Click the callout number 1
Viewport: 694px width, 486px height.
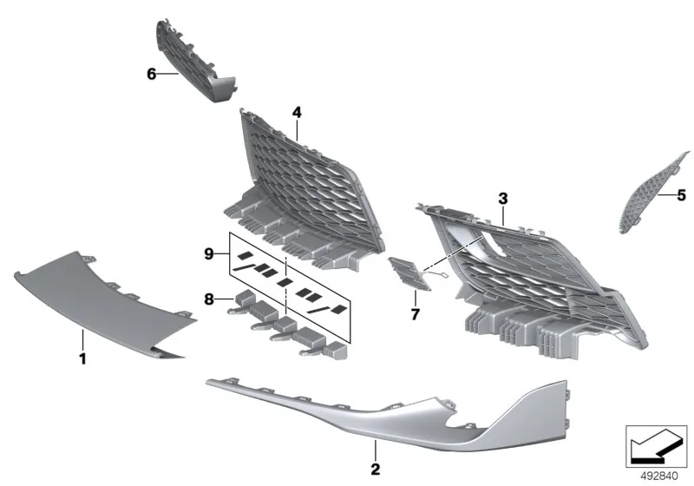(82, 358)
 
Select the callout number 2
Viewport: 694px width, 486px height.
(376, 470)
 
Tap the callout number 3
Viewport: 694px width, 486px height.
(503, 199)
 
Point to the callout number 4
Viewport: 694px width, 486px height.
(297, 113)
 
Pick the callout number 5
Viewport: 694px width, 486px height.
(682, 195)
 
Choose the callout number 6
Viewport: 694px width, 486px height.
(151, 74)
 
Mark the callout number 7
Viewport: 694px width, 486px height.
(415, 314)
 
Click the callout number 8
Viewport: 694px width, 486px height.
(209, 299)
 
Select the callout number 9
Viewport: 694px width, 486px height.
(209, 254)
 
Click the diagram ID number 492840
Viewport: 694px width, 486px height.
(659, 476)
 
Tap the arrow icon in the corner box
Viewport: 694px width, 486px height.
(656, 446)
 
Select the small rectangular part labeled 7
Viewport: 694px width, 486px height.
(409, 273)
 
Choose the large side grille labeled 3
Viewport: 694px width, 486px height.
(531, 279)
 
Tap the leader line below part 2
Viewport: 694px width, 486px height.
(376, 450)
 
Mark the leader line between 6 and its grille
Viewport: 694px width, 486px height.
(167, 74)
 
